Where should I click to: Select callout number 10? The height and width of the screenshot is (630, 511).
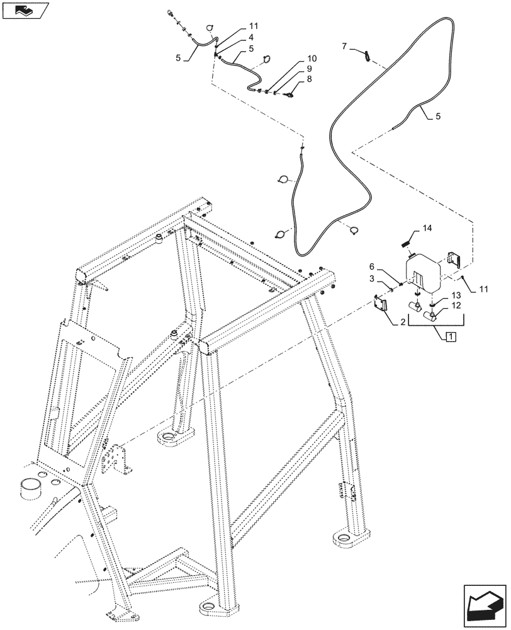pyautogui.click(x=312, y=59)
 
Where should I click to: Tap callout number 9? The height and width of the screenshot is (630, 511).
pyautogui.click(x=309, y=69)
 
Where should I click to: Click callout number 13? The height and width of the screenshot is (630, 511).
pyautogui.click(x=456, y=295)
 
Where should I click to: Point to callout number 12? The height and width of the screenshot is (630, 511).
pyautogui.click(x=456, y=306)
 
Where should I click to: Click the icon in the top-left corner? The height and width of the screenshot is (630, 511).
pyautogui.click(x=24, y=10)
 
